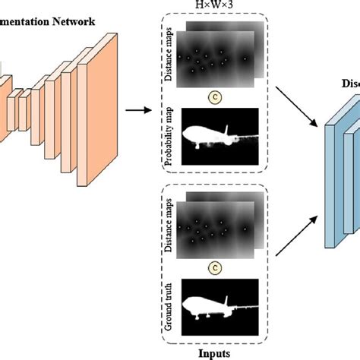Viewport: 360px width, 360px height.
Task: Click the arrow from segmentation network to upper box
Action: click(x=136, y=109)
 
